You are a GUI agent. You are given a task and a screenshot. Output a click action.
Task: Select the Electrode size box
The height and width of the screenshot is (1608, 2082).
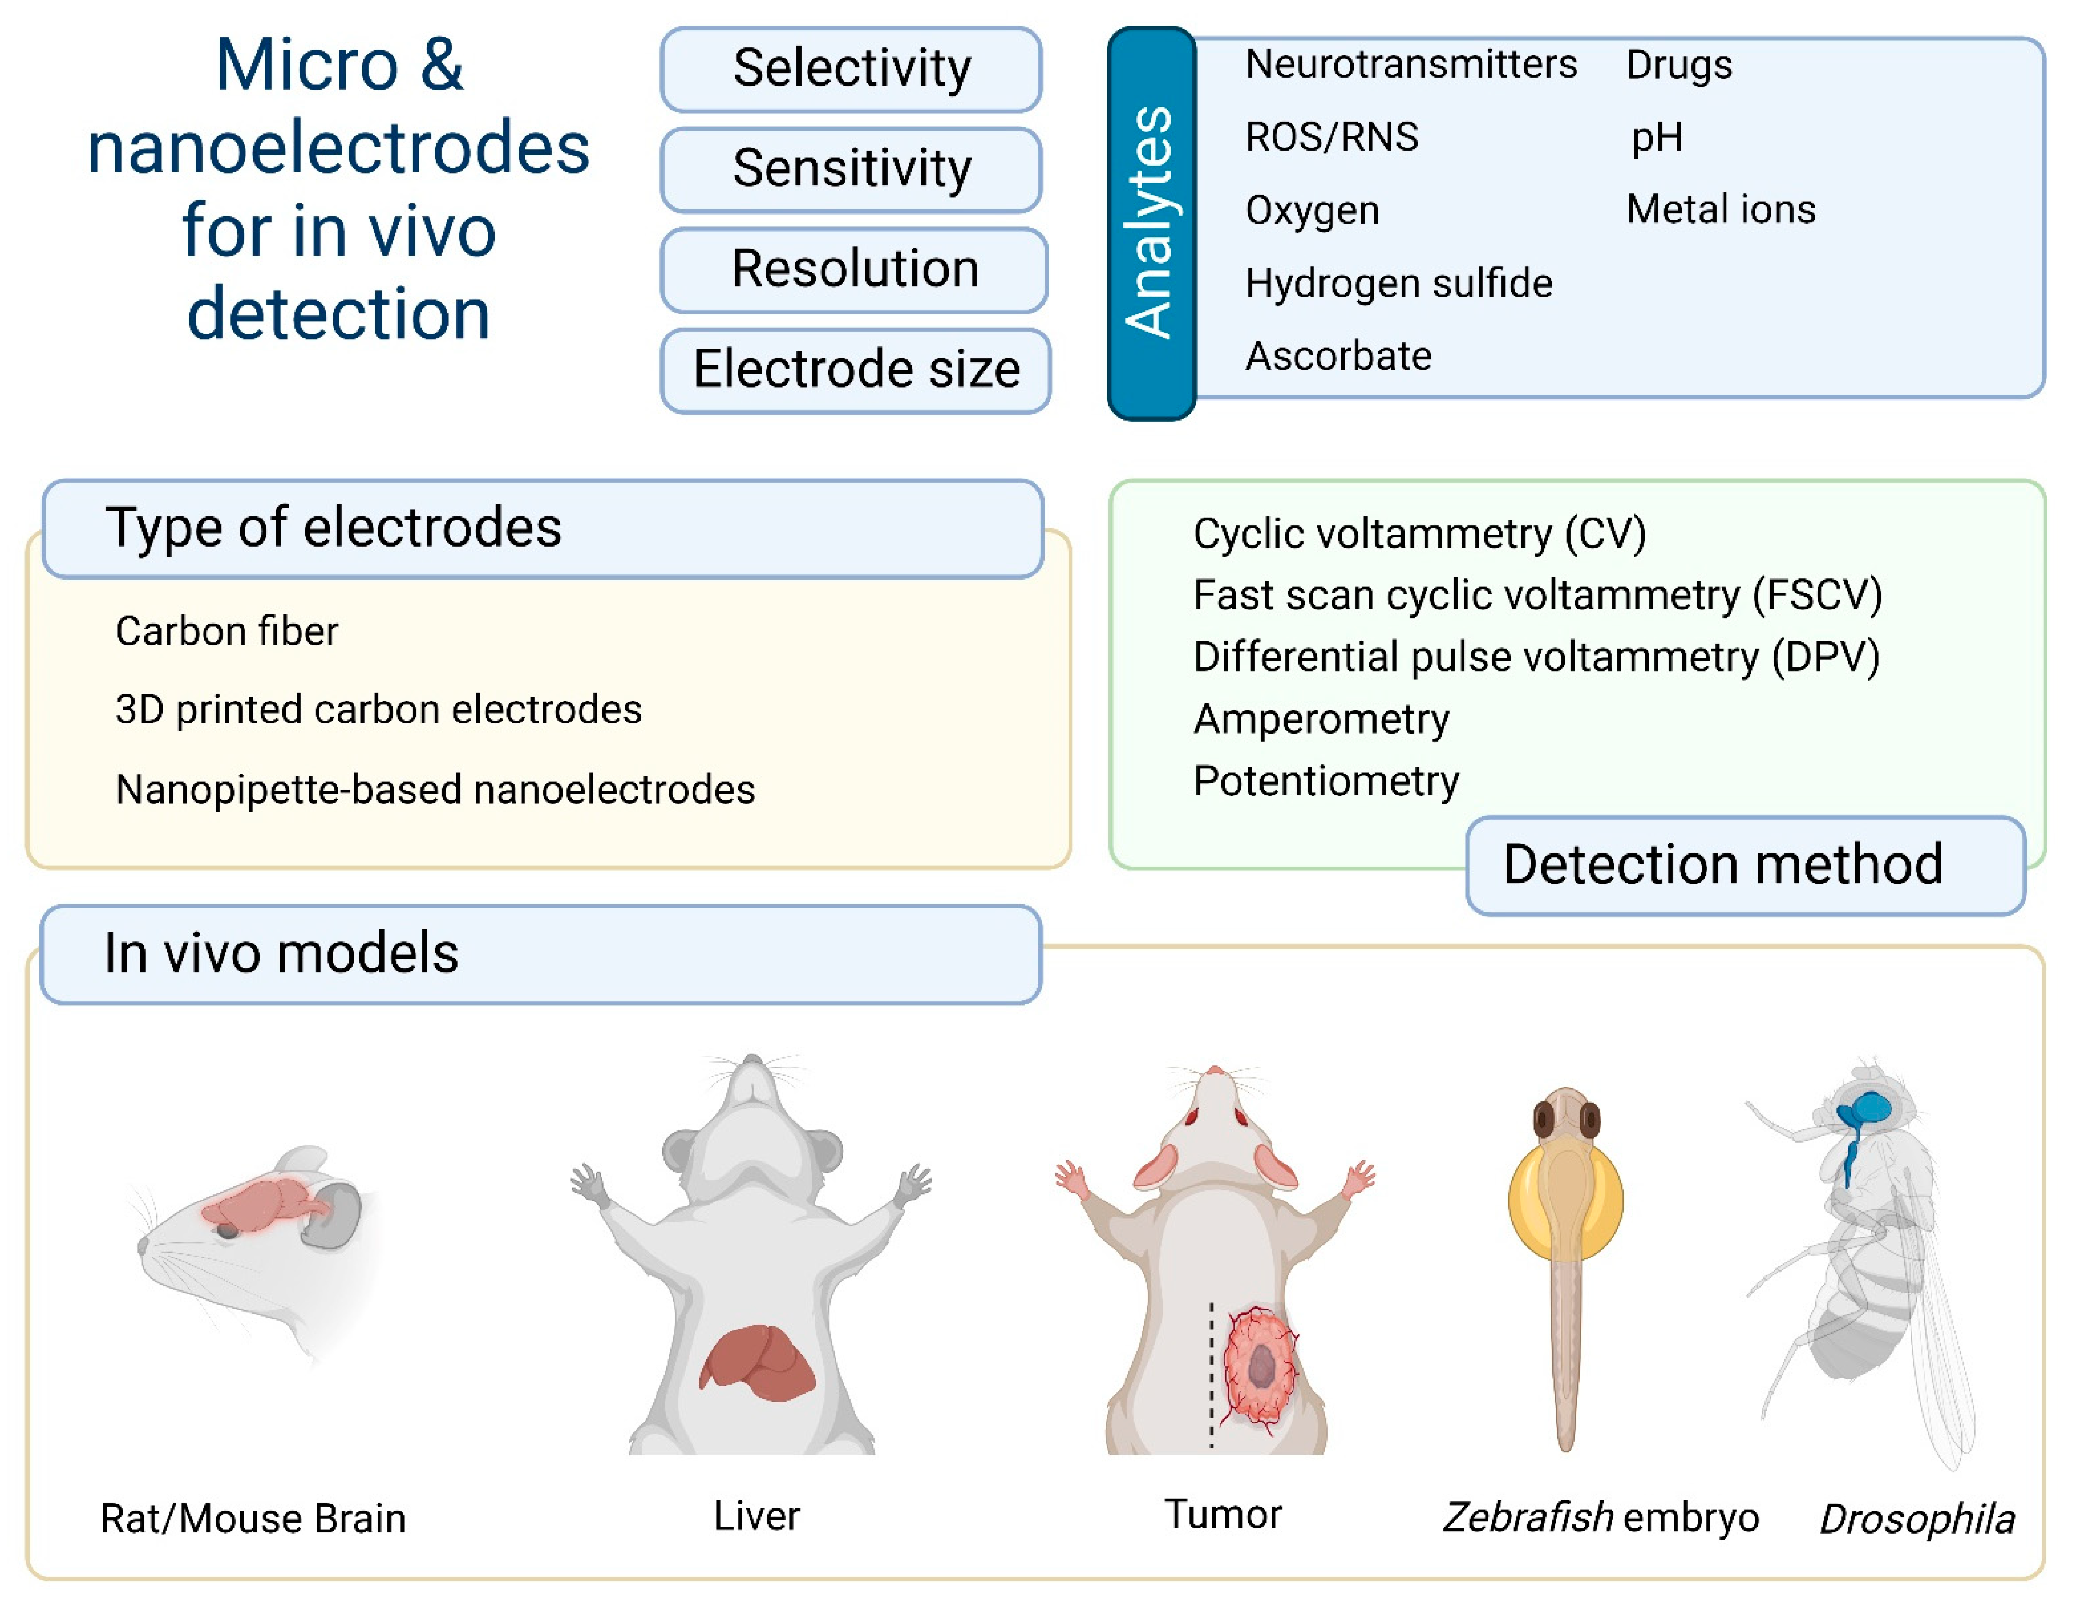point(855,370)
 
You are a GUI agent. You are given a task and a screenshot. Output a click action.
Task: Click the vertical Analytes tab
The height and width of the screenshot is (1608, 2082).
point(1151,223)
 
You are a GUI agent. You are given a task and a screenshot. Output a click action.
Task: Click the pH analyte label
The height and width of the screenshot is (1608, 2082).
point(1657,137)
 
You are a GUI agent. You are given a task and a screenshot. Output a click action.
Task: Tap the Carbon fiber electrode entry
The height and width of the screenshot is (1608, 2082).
point(227,631)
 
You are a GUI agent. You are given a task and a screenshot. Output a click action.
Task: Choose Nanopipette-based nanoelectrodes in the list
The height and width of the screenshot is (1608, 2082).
point(435,789)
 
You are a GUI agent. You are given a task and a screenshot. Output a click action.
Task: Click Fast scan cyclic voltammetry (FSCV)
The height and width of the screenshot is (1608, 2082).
point(1537,595)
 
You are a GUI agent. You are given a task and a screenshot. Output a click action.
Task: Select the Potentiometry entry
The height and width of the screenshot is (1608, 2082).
point(1325,781)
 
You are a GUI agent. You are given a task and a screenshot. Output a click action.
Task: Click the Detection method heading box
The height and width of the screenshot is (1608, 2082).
point(1744,865)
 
